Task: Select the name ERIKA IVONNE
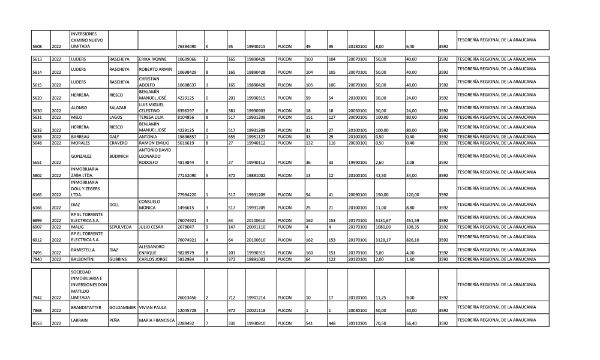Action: click(x=152, y=59)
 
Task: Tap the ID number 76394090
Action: click(x=187, y=46)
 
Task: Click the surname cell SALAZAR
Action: click(x=118, y=107)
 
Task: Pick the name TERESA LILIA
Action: click(x=151, y=118)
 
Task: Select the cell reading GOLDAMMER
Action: click(x=122, y=307)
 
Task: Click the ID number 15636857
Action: click(x=187, y=137)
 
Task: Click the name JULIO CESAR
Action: click(x=151, y=227)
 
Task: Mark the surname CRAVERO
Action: click(x=119, y=143)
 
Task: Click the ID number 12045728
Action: click(x=187, y=310)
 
